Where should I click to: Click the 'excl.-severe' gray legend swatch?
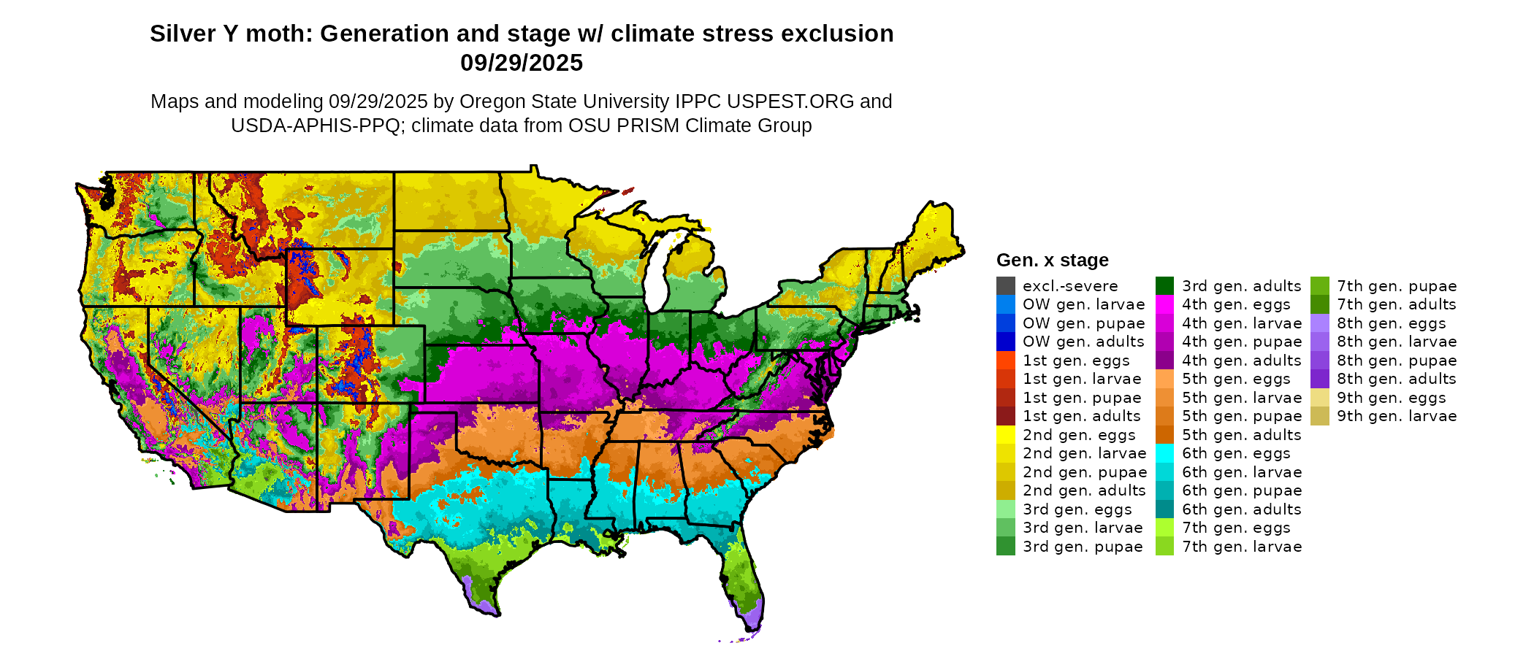[x=1005, y=286]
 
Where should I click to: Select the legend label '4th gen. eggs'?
[x=1236, y=304]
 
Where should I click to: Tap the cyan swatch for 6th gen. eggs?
[x=1164, y=453]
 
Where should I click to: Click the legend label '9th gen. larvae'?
[x=1397, y=416]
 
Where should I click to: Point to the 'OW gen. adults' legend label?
[x=1083, y=342]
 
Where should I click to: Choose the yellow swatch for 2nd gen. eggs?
[x=1005, y=435]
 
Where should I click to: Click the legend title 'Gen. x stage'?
[x=1052, y=261]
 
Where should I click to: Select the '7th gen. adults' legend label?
[x=1397, y=304]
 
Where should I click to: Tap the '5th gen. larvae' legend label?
[x=1242, y=398]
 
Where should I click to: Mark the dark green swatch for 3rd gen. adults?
[x=1164, y=286]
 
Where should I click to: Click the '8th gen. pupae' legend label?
[x=1397, y=361]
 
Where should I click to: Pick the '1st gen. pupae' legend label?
[x=1082, y=398]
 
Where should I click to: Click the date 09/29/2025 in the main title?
[x=522, y=63]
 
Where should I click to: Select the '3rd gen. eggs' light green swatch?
[x=1005, y=509]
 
